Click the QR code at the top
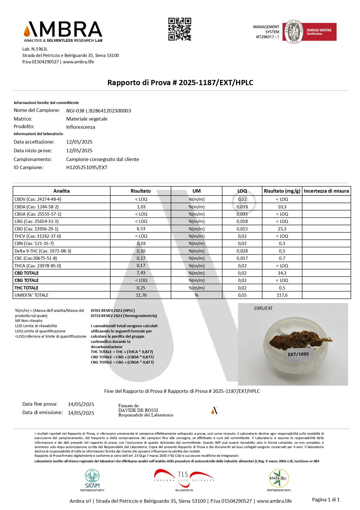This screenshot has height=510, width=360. (x=180, y=29)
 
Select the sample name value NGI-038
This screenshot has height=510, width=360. (x=98, y=111)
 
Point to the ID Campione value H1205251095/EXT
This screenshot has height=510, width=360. (x=87, y=167)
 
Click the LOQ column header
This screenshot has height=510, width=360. (x=242, y=191)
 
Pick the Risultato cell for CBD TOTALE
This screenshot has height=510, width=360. (x=141, y=273)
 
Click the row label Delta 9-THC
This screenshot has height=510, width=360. (x=43, y=251)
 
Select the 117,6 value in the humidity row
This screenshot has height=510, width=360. (x=282, y=295)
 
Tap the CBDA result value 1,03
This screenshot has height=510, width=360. (x=141, y=207)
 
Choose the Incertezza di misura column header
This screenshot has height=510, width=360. (x=326, y=191)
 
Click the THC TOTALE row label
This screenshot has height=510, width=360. (x=26, y=288)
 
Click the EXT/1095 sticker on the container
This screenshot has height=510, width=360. (x=298, y=354)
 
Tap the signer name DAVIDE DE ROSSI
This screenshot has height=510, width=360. (x=138, y=410)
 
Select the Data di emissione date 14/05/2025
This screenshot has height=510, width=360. (x=81, y=413)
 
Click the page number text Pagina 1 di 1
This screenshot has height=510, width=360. (x=325, y=500)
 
